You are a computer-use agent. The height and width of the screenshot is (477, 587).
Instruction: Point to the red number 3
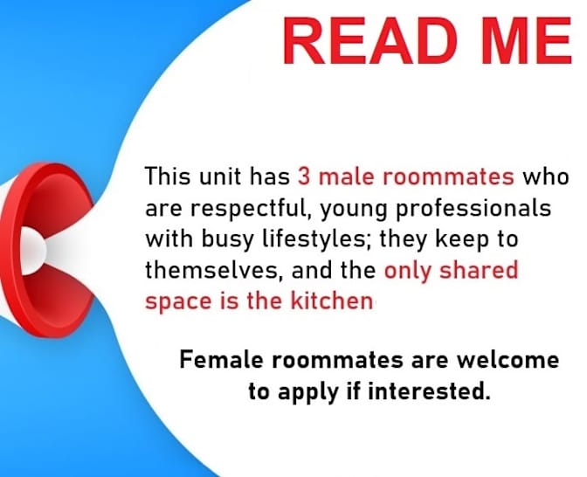304,177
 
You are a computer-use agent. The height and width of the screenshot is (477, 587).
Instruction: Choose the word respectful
226,210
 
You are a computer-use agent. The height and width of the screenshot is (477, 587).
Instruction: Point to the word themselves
209,271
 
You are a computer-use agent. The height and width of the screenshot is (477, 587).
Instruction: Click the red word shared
480,271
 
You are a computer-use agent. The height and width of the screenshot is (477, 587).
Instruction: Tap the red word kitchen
329,301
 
